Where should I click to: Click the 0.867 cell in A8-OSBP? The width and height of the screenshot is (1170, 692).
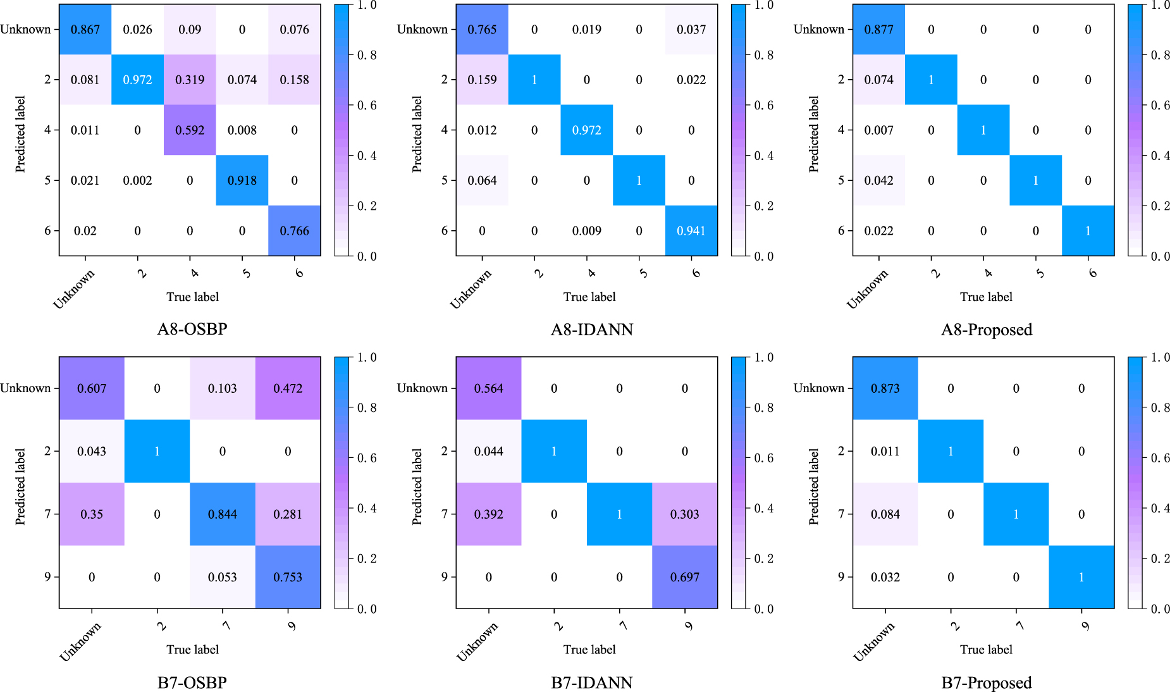pos(85,30)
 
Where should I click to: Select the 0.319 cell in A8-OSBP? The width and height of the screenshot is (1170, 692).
pos(190,80)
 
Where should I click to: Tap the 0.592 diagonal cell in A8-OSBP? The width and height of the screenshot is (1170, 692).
pos(190,130)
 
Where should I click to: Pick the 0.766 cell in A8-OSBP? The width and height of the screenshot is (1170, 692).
pos(294,231)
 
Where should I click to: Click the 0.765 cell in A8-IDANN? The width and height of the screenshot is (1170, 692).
pos(482,30)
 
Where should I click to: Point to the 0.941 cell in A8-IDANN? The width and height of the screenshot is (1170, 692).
pos(691,231)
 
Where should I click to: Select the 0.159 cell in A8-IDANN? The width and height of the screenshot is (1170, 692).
pos(482,80)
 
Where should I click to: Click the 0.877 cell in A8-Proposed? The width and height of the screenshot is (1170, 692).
pos(878,30)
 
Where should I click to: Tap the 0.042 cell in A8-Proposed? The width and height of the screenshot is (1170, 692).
pos(878,180)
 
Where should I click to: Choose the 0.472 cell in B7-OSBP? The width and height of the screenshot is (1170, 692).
pos(288,388)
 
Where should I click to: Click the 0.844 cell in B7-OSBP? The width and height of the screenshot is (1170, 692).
pos(223,514)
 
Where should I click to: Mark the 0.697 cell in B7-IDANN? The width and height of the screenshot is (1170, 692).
pos(685,577)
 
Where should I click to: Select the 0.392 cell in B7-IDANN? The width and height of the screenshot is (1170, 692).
pos(489,514)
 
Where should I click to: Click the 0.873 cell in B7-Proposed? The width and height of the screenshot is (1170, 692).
pos(885,388)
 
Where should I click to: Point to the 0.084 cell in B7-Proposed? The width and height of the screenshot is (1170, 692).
pos(885,514)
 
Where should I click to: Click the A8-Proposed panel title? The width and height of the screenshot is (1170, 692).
pos(987,330)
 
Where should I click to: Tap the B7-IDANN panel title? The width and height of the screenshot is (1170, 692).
pos(591,683)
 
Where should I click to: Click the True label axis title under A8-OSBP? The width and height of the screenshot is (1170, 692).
pos(192,297)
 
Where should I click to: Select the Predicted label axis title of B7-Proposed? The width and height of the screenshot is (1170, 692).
pos(813,486)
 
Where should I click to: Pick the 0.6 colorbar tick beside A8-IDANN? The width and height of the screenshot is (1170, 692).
pos(764,106)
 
